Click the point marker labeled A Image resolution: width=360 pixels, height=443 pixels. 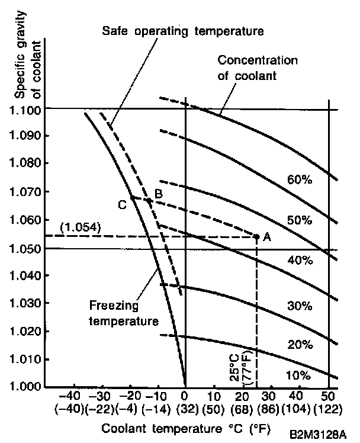click(x=256, y=236)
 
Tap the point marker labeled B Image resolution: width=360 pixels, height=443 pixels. click(x=149, y=200)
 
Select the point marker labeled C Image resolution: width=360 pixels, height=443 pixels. click(x=132, y=197)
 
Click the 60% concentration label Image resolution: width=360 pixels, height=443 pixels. click(x=299, y=180)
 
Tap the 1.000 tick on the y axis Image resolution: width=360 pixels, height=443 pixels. click(x=45, y=387)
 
